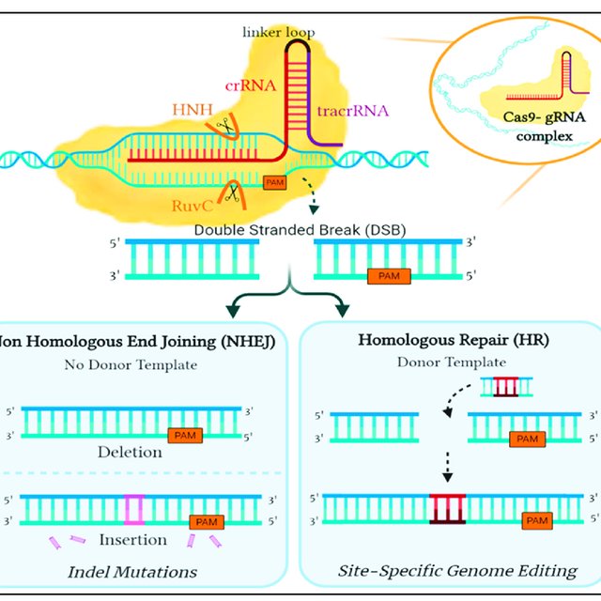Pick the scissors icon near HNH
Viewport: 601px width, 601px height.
pyautogui.click(x=225, y=126)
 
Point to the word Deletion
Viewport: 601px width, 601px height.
pyautogui.click(x=131, y=452)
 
